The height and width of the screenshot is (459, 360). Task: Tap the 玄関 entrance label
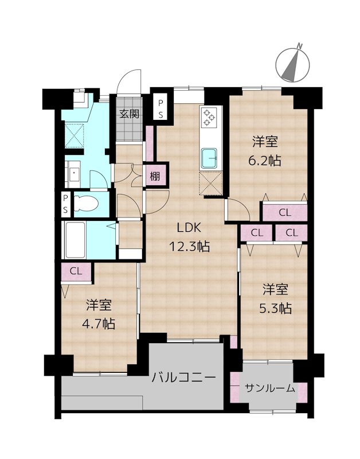pyautogui.click(x=129, y=113)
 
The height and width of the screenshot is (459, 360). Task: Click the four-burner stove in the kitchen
pyautogui.click(x=208, y=119)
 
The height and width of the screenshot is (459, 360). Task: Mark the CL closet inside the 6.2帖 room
pyautogui.click(x=285, y=212)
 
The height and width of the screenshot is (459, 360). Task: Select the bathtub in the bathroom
pyautogui.click(x=75, y=239)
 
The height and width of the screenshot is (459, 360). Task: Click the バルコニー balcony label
pyautogui.click(x=183, y=378)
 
